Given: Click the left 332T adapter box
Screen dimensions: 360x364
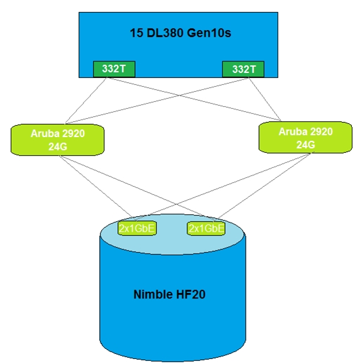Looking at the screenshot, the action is click(114, 69).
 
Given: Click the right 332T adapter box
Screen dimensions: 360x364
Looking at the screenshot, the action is click(243, 69).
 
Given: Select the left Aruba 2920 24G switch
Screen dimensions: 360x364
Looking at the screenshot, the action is click(58, 140).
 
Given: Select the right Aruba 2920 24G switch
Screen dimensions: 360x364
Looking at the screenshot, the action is click(305, 138).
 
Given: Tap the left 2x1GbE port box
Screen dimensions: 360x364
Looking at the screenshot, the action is click(137, 228).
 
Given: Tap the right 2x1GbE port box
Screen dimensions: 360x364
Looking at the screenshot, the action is click(206, 228).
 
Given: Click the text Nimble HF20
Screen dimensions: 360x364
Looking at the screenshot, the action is click(170, 294).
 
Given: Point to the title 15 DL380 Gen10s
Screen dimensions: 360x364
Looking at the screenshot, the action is click(180, 33).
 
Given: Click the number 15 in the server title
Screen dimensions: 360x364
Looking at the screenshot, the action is click(136, 33).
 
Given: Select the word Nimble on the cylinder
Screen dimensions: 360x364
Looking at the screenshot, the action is click(153, 294).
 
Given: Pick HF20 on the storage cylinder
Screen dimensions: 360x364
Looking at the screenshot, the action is click(191, 294).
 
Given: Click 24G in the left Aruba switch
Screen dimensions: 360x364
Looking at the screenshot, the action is click(58, 146).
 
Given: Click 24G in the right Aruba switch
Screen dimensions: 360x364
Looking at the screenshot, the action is click(306, 145).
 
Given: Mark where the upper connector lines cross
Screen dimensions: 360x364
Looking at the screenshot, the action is click(179, 96).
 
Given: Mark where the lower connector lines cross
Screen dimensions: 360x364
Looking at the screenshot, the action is click(177, 204).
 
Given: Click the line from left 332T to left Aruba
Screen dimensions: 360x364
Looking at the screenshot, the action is click(86, 101).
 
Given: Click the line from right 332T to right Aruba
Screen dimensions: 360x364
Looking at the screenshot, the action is click(265, 99).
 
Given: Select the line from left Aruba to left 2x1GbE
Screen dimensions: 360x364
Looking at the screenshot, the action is click(97, 187).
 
